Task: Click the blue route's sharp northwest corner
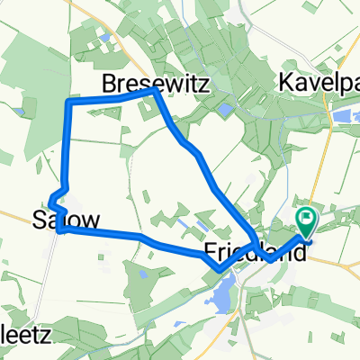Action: tap(68, 105)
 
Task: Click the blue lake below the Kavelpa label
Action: tap(344, 115)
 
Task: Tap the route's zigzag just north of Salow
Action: tap(56, 198)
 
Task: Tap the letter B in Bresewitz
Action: tap(109, 84)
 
